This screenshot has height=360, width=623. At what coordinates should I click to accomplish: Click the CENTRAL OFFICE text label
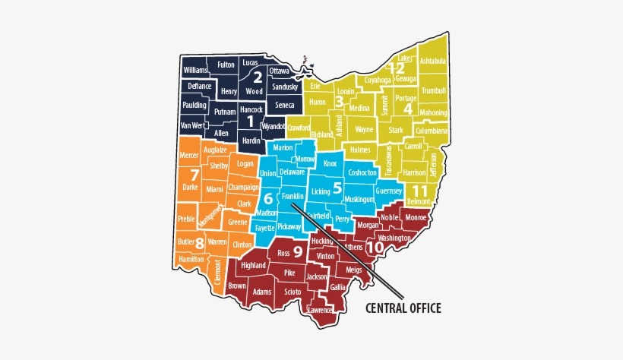click(x=403, y=308)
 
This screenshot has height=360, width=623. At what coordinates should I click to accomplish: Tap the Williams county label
click(x=195, y=70)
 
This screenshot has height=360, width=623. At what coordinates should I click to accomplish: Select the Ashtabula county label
click(x=433, y=61)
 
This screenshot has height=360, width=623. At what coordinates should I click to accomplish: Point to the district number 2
click(x=258, y=77)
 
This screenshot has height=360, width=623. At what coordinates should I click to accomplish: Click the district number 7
click(x=194, y=175)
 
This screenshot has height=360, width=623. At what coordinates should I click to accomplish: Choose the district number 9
click(x=298, y=251)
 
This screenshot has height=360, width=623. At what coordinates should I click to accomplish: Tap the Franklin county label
click(x=293, y=196)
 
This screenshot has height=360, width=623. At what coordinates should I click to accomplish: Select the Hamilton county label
click(x=191, y=259)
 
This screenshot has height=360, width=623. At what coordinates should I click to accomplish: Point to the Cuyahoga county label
click(x=377, y=79)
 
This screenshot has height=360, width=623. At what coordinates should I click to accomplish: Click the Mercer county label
click(x=188, y=155)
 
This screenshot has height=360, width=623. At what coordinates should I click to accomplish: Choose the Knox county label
click(x=330, y=163)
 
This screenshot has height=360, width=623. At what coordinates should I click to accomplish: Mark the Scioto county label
click(x=292, y=292)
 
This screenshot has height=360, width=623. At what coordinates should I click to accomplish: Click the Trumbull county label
click(x=433, y=90)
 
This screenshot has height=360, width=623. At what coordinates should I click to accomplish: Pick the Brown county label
click(x=237, y=286)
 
